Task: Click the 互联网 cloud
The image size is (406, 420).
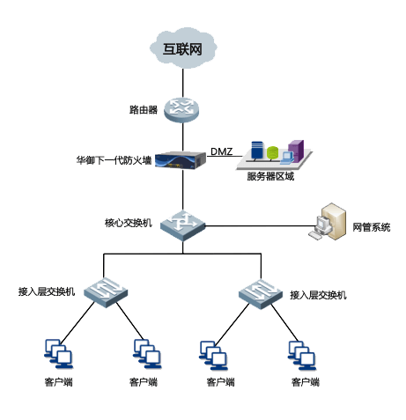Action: click(x=183, y=48)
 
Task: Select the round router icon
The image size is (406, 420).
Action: click(x=181, y=110)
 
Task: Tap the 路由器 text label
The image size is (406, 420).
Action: click(x=144, y=110)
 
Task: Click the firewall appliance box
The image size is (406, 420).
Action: click(x=180, y=160)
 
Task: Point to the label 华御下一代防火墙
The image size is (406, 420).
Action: click(x=114, y=160)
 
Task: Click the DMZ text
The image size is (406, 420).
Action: click(x=222, y=151)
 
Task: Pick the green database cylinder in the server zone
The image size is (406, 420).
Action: click(x=272, y=153)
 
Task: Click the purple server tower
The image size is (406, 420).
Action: click(x=296, y=151)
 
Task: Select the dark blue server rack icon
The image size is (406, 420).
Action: click(x=257, y=151)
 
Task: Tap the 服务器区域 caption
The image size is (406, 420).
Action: click(x=270, y=176)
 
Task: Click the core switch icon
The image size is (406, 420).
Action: click(x=182, y=225)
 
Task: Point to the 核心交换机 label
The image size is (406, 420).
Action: click(x=129, y=223)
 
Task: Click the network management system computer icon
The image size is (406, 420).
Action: click(x=328, y=221)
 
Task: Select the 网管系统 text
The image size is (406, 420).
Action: click(x=372, y=227)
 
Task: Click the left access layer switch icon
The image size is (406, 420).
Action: click(x=106, y=292)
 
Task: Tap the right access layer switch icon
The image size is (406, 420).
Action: click(x=261, y=294)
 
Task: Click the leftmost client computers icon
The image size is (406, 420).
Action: click(x=58, y=354)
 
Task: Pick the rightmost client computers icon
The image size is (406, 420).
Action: click(x=302, y=356)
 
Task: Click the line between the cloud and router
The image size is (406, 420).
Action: click(x=183, y=83)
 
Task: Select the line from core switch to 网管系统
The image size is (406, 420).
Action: click(x=260, y=226)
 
